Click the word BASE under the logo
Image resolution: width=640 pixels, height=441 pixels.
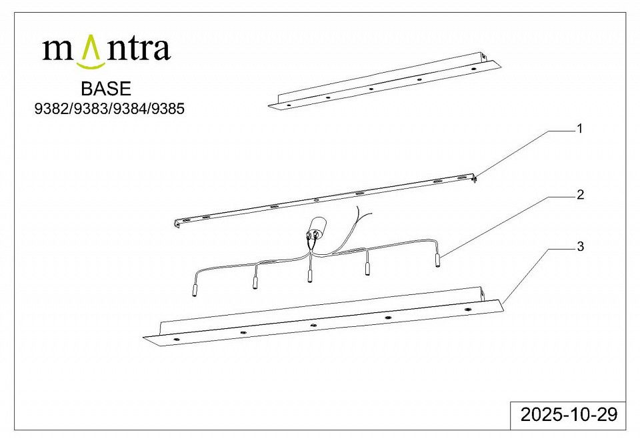point(106,89)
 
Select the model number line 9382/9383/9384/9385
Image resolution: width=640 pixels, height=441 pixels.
point(109,109)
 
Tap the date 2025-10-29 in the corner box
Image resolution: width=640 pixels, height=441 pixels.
point(569,414)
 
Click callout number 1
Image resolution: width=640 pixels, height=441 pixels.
point(579,129)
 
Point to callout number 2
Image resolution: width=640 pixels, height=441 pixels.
point(581,195)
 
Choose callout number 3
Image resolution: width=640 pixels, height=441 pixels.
point(581,247)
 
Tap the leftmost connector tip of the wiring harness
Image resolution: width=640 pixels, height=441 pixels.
point(194,292)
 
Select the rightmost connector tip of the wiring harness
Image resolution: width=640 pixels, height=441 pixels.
point(438,260)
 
